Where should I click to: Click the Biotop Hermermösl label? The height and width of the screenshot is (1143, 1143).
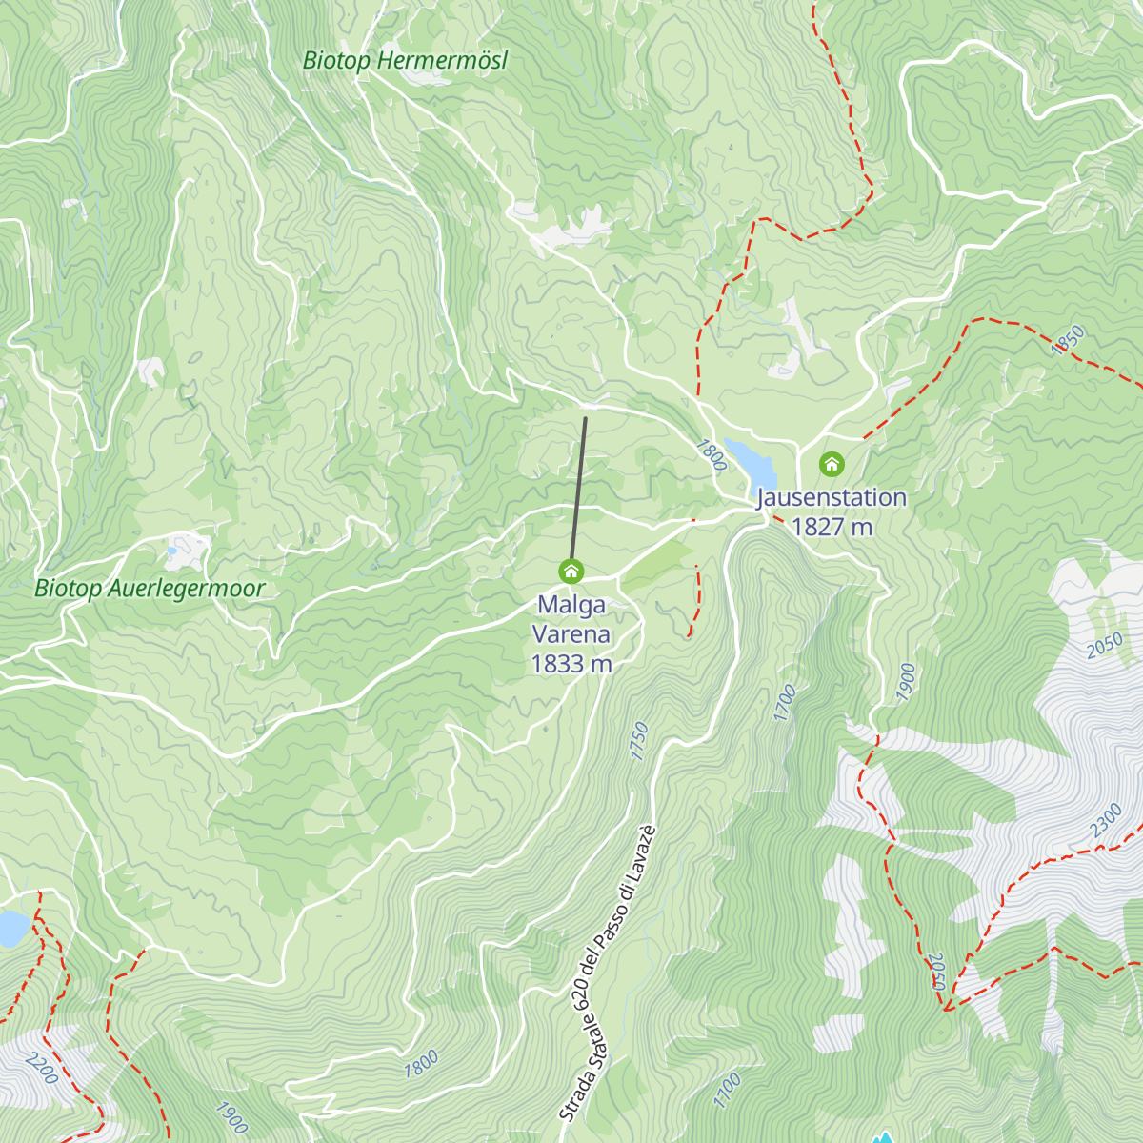(405, 61)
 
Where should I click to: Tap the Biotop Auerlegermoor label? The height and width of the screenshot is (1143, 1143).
(150, 589)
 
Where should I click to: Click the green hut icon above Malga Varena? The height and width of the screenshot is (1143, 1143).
(571, 571)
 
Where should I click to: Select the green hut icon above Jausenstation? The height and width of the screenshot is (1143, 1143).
(832, 465)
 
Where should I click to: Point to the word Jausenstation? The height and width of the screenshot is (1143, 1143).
(832, 497)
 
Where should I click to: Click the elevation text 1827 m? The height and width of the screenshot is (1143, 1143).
(832, 527)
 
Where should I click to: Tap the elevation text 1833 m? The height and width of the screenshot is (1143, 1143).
(571, 664)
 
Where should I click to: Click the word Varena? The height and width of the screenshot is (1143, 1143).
(571, 634)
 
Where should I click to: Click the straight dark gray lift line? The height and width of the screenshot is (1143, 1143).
(579, 486)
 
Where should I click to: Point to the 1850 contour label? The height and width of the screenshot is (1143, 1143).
(1068, 340)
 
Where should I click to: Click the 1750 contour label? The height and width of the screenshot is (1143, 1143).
(639, 741)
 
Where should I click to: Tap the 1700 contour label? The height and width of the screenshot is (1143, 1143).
(784, 703)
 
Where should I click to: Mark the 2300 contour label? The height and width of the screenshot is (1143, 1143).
(1106, 821)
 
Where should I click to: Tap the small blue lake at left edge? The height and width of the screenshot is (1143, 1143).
(11, 928)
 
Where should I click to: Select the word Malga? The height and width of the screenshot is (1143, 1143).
(571, 605)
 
